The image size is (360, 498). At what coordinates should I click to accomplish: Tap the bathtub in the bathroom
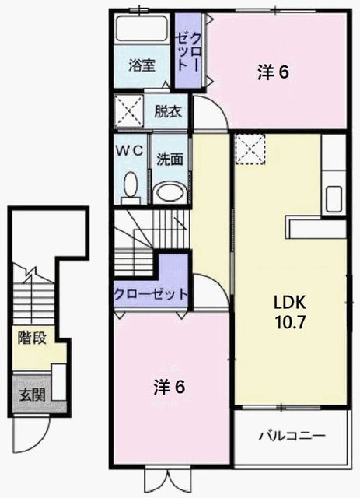click(x=143, y=29)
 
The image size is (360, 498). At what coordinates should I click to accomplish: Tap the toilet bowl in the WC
click(x=130, y=187)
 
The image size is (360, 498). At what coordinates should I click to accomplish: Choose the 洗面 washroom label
click(x=170, y=159)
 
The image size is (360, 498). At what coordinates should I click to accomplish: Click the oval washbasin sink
click(x=170, y=193)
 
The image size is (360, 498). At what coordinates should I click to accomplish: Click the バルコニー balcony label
click(x=293, y=435)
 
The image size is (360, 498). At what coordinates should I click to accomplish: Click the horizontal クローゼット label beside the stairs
click(x=151, y=295)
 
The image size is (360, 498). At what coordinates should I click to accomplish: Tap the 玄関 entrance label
click(x=32, y=394)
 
